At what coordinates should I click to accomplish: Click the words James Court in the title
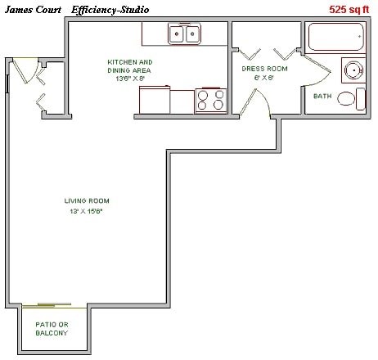34,10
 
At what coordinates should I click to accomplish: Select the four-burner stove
211,101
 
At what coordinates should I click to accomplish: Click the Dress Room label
264,69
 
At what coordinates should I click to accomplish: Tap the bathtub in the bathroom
335,38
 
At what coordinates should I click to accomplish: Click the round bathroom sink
353,70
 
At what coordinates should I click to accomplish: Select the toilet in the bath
349,100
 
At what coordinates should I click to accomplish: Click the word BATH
322,97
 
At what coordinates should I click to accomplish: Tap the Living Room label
87,200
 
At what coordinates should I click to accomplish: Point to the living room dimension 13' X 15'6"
87,211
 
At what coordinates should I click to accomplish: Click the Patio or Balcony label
51,328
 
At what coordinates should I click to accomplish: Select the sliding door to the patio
52,308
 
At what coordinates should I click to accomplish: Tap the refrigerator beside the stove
155,101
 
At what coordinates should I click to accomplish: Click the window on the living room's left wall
7,82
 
